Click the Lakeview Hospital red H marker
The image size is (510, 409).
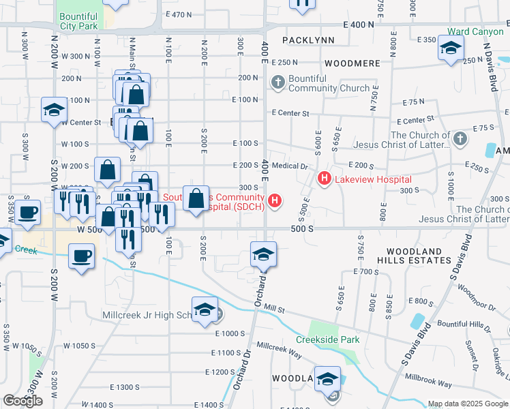(x=325, y=179)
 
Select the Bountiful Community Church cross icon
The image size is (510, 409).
(x=277, y=83)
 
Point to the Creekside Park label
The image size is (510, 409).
(x=327, y=339)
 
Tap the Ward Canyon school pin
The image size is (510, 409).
(x=451, y=48)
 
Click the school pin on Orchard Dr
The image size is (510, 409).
(x=263, y=254)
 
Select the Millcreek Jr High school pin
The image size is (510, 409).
(x=205, y=310)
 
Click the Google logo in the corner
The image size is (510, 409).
(x=22, y=401)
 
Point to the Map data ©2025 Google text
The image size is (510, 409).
(x=468, y=404)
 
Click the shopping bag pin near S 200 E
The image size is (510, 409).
(x=196, y=199)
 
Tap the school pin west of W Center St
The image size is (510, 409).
(x=54, y=111)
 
